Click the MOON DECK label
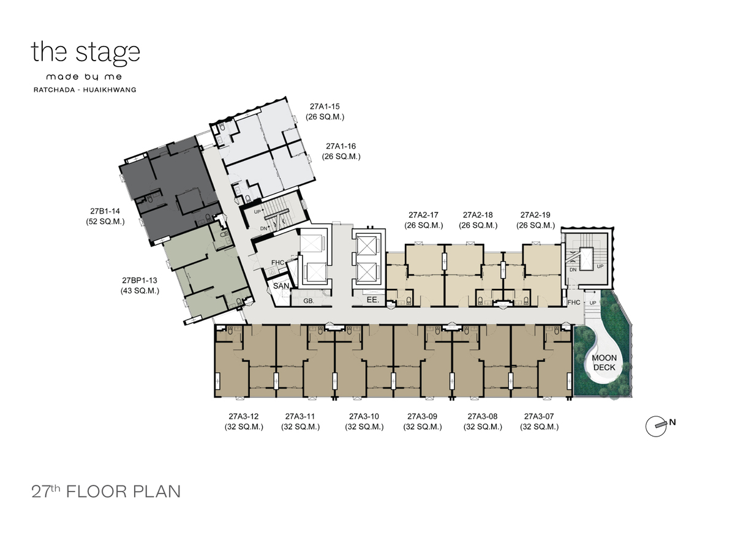pyautogui.click(x=604, y=362)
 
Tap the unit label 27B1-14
pyautogui.click(x=105, y=211)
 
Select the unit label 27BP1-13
pyautogui.click(x=139, y=280)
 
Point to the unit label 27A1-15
pyautogui.click(x=325, y=107)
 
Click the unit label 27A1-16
pyautogui.click(x=341, y=146)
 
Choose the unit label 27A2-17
pyautogui.click(x=423, y=215)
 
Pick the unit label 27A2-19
pyautogui.click(x=535, y=215)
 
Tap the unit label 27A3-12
pyautogui.click(x=243, y=416)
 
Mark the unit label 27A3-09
pyautogui.click(x=422, y=416)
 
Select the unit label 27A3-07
pyautogui.click(x=539, y=416)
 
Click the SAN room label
pyautogui.click(x=281, y=286)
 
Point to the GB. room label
pyautogui.click(x=309, y=301)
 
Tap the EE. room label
pyautogui.click(x=372, y=300)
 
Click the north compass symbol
pyautogui.click(x=658, y=426)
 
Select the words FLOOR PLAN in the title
pyautogui.click(x=124, y=492)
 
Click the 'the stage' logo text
pyautogui.click(x=85, y=53)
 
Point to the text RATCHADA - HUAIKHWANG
pyautogui.click(x=85, y=89)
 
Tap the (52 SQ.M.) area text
pyautogui.click(x=105, y=222)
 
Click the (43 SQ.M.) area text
pyautogui.click(x=140, y=291)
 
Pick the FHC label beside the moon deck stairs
pyautogui.click(x=573, y=302)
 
